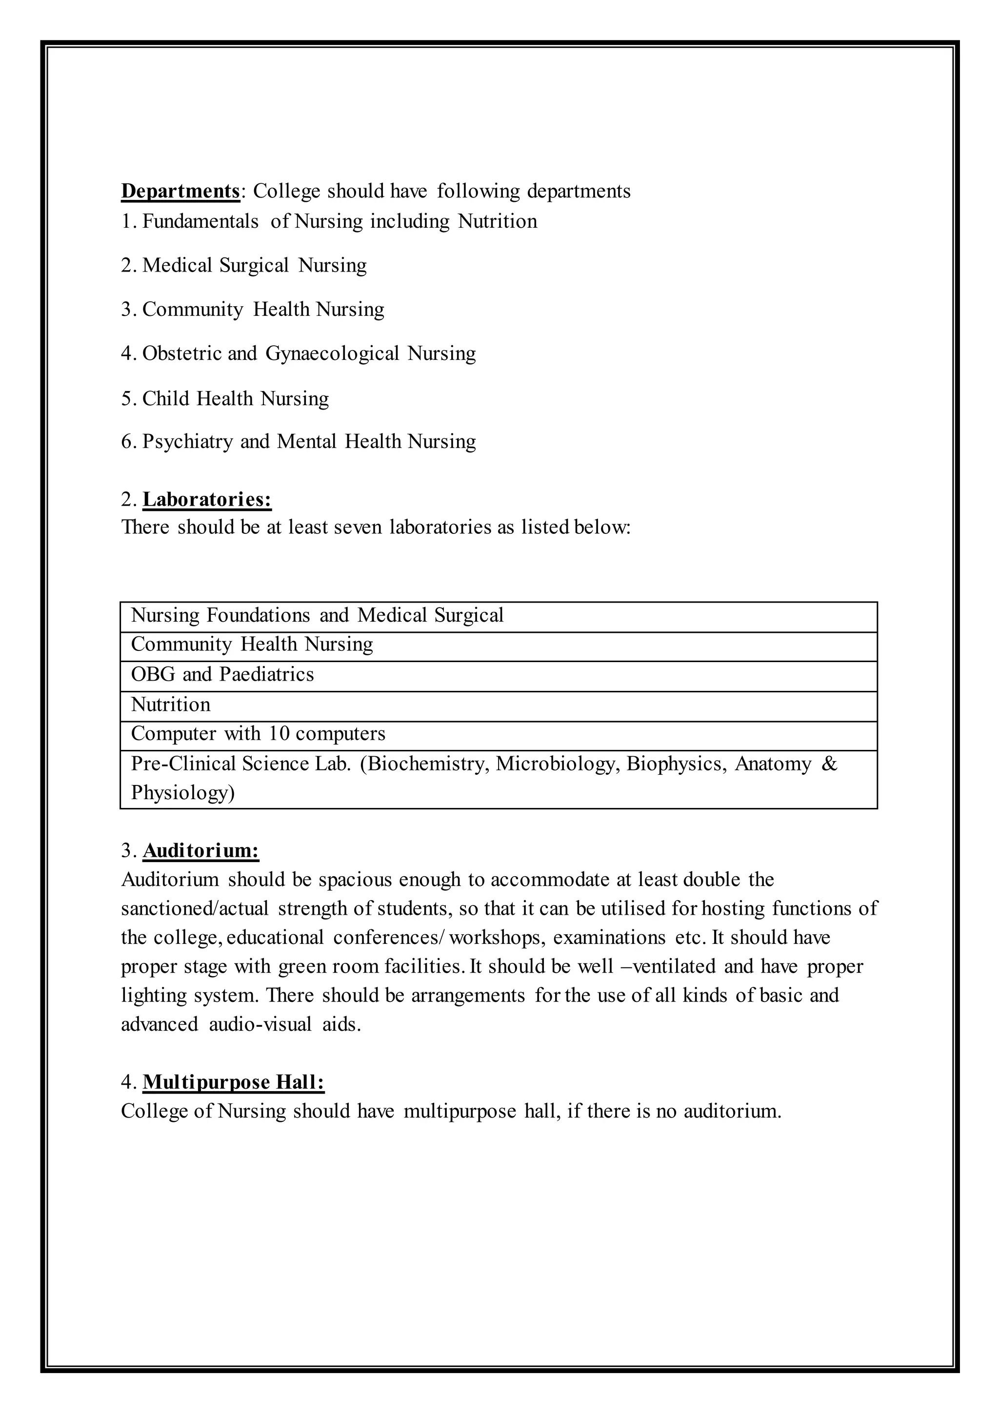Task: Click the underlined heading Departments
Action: coord(180,191)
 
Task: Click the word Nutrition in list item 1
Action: coord(497,221)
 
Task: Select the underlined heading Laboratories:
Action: coord(207,499)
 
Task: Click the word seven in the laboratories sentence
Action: coord(358,528)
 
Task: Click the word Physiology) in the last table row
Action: coord(183,793)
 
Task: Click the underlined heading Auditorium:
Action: coord(201,851)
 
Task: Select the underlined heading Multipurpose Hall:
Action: coord(234,1082)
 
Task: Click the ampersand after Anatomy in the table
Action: coord(829,764)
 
